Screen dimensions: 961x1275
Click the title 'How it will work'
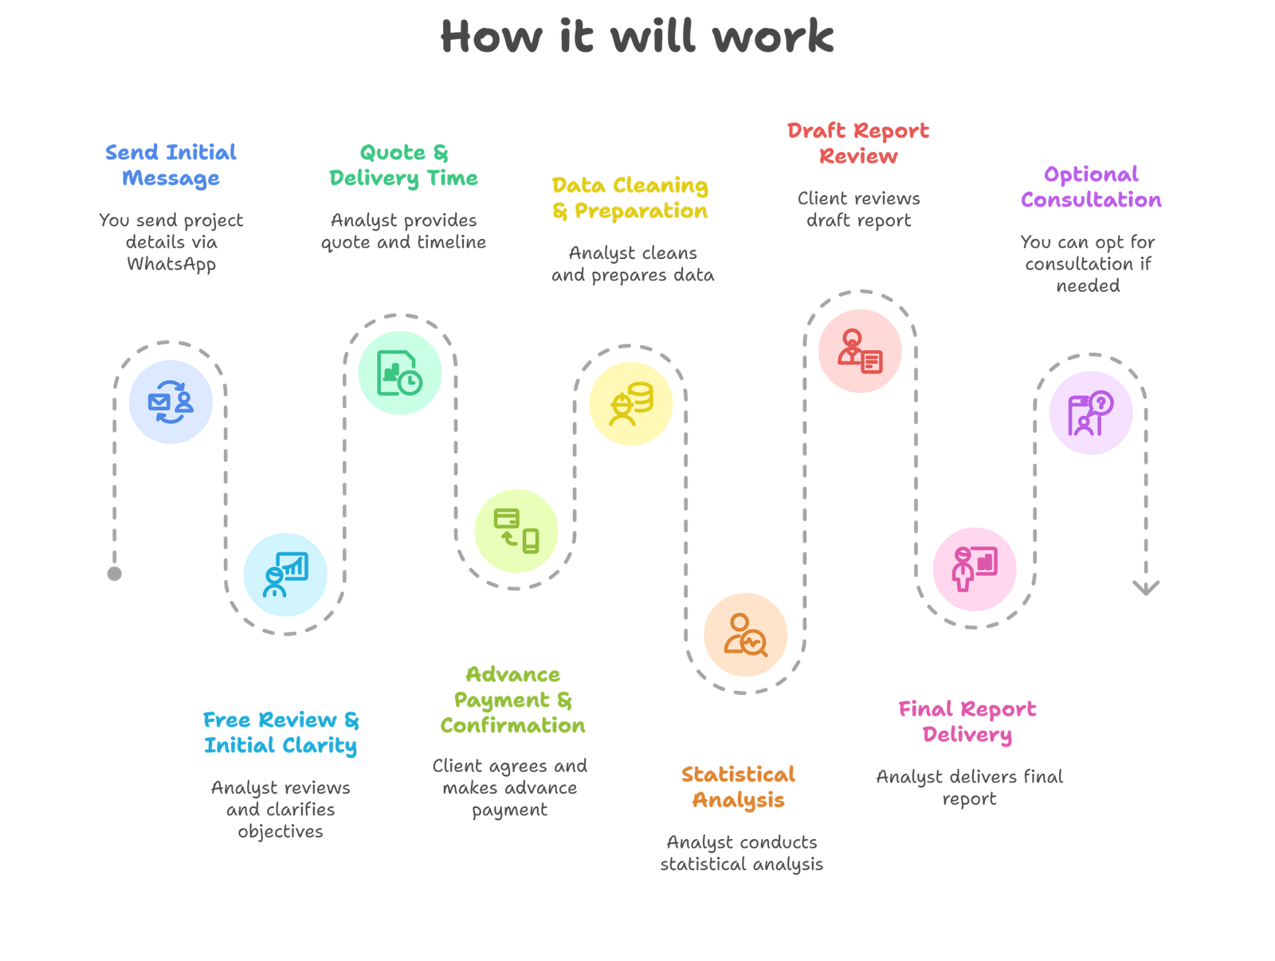pos(637,37)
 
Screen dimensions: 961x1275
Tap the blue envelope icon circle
pos(171,402)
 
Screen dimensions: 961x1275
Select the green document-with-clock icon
pos(400,373)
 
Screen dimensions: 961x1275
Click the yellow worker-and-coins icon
pos(630,403)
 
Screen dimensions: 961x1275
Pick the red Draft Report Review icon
pos(859,351)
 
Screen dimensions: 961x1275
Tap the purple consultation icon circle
pos(1090,414)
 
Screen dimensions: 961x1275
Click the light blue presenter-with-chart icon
pos(285,574)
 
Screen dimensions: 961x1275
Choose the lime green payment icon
pos(516,531)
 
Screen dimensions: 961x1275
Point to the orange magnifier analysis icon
pos(746,635)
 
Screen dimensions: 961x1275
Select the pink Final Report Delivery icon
pos(974,569)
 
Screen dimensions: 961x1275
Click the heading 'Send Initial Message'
pos(171,165)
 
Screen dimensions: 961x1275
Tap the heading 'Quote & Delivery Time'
pos(403,165)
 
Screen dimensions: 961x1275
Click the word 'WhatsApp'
pos(171,264)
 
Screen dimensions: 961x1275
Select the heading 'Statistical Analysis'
pos(738,787)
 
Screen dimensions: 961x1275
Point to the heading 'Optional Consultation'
pos(1091,187)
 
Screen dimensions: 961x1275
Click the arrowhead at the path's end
pos(1146,588)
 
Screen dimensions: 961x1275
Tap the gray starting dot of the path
pos(115,573)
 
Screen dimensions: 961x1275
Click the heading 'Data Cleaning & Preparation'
pos(630,198)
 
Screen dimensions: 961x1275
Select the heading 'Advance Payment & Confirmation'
pos(512,700)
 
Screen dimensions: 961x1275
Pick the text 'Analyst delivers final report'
pos(969,787)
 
